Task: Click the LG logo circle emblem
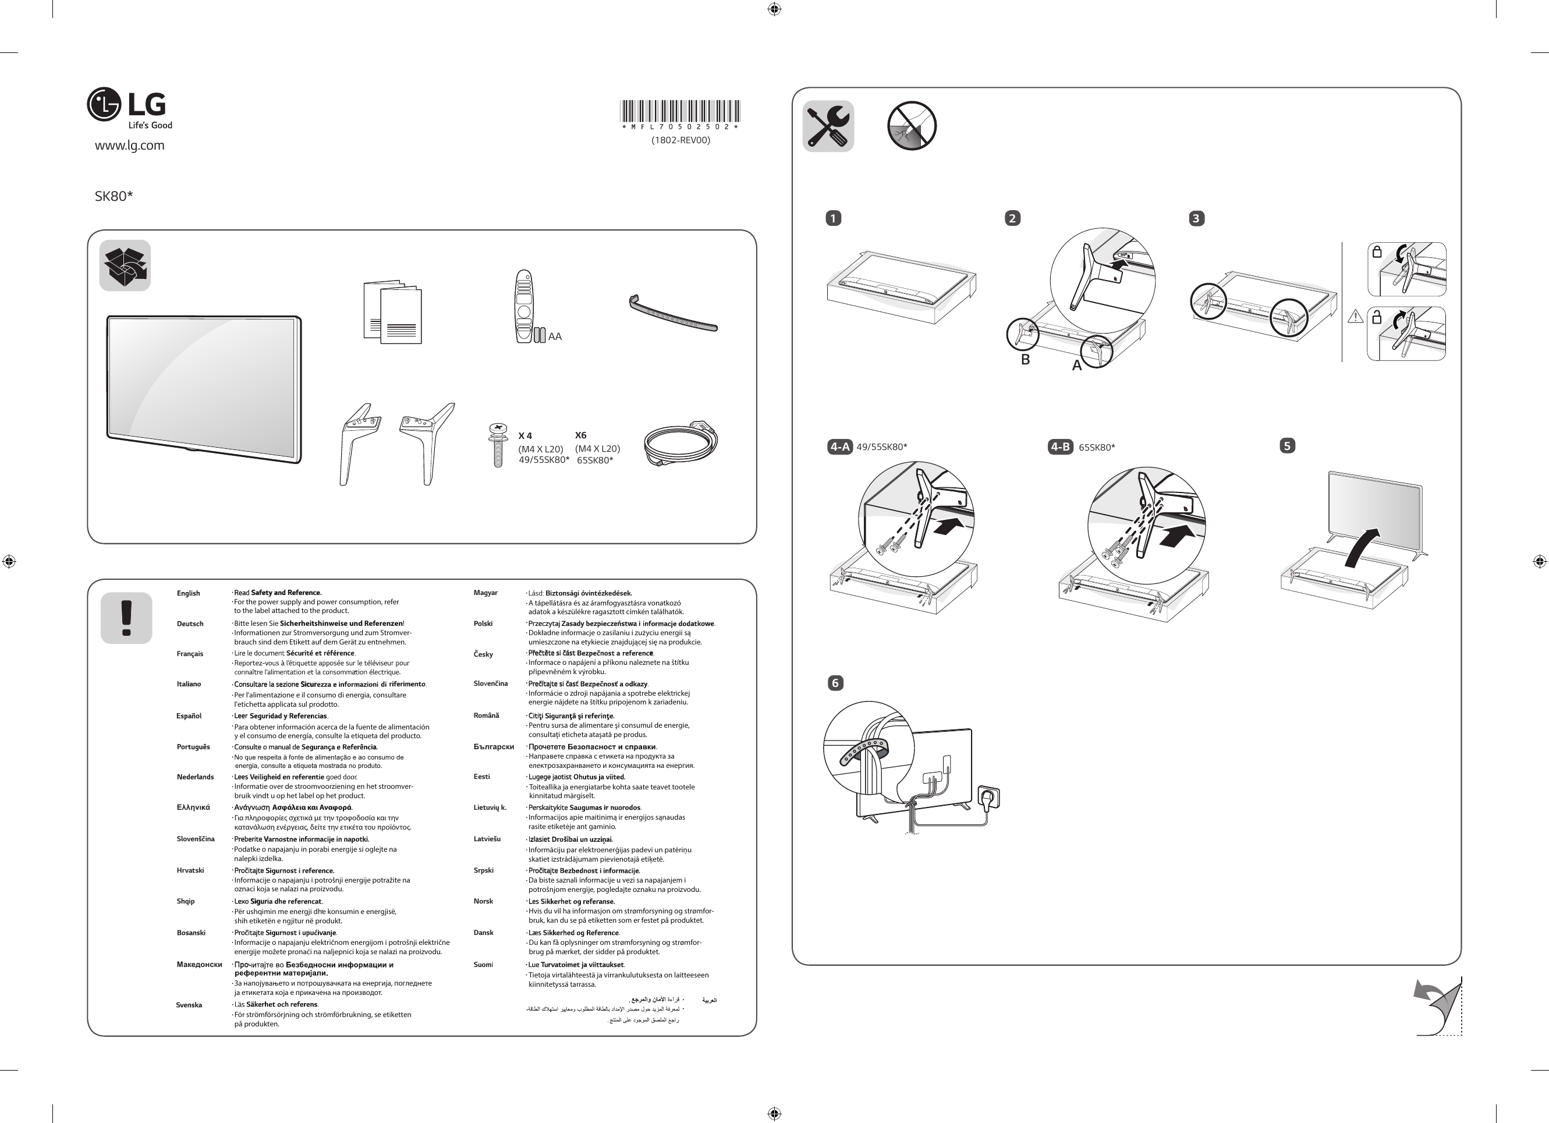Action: pos(104,105)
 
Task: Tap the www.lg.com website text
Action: pos(129,146)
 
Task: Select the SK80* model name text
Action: pos(114,196)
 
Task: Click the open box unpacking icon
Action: pos(125,265)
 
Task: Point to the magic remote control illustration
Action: pos(524,306)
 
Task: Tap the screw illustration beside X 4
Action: pos(498,445)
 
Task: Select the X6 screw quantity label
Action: pos(580,435)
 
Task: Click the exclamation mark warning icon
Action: pos(126,618)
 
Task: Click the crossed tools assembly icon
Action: pos(828,126)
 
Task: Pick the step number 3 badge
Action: pos(1196,218)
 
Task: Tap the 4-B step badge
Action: pos(1060,447)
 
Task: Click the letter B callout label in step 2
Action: pos(1025,359)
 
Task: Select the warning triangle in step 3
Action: pos(1355,316)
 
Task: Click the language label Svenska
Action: pos(189,1005)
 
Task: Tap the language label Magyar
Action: pos(485,592)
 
